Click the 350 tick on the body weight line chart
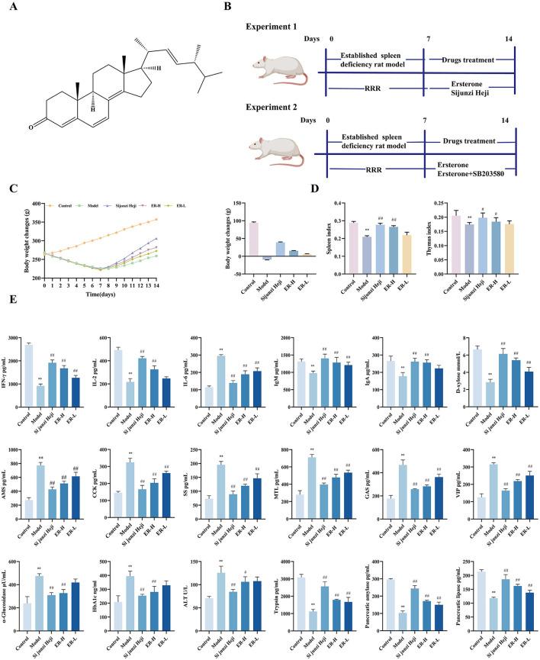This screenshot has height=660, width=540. click(36, 220)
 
